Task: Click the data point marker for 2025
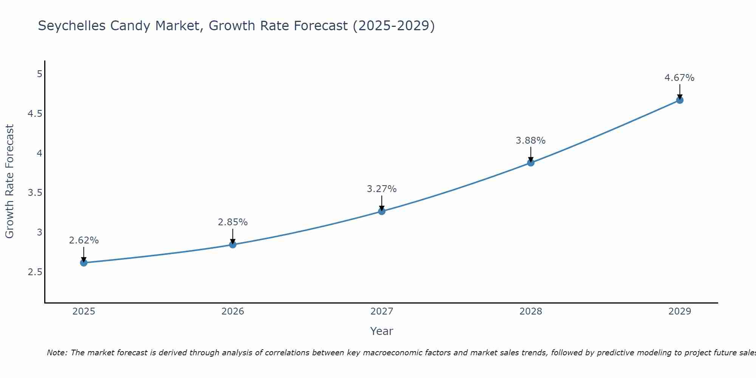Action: (84, 263)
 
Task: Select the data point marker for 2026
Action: (232, 245)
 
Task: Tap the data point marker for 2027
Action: (382, 211)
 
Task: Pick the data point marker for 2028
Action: (531, 163)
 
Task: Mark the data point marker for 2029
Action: (680, 100)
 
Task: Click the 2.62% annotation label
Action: (84, 240)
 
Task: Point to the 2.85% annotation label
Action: (232, 222)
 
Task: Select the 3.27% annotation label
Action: (382, 189)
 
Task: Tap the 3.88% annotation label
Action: (531, 141)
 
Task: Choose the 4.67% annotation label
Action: (679, 78)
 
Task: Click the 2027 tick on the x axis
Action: (382, 311)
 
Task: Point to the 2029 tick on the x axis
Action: (680, 311)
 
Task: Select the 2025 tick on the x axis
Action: (84, 311)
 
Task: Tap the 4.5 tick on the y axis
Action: (35, 114)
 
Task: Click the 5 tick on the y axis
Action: (39, 74)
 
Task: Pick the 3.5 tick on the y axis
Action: (35, 193)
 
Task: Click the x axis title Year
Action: (382, 331)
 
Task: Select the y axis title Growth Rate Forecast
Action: (9, 181)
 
